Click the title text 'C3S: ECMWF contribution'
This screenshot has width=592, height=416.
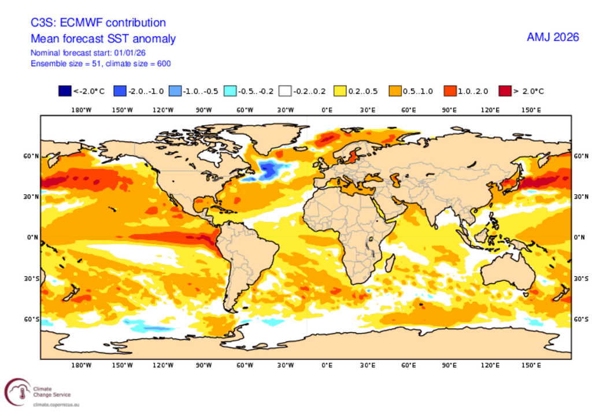point(98,23)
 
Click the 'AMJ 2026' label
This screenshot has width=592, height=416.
point(553,38)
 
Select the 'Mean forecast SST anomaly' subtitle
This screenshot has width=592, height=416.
point(103,39)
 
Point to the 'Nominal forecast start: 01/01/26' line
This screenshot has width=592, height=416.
point(88,53)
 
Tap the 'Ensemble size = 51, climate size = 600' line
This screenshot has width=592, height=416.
point(101,64)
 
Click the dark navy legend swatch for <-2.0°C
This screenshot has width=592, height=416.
point(65,91)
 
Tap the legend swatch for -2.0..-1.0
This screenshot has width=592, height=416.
point(120,91)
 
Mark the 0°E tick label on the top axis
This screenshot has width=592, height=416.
point(327,109)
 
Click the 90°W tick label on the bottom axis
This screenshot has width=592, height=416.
point(203,365)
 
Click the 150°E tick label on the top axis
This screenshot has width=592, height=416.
point(531,109)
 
